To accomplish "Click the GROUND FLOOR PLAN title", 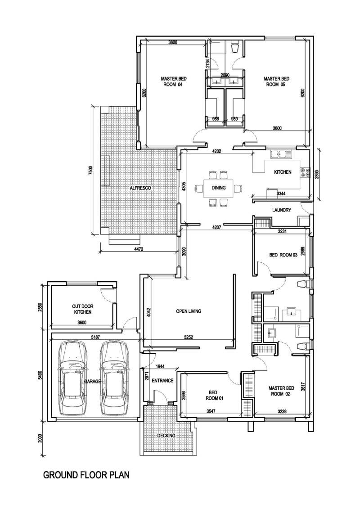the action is (x=86, y=475).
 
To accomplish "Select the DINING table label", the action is (x=218, y=188).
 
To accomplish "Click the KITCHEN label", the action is (x=283, y=172).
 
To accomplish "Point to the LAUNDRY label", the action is (x=281, y=210).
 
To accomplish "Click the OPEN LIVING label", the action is (x=189, y=311).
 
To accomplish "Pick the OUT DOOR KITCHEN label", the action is (x=83, y=309).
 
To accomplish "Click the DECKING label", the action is (x=166, y=435).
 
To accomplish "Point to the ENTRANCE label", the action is (x=162, y=380).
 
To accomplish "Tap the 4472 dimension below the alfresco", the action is (x=139, y=249).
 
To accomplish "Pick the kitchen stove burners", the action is (x=305, y=172).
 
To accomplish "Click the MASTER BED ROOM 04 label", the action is (x=174, y=81).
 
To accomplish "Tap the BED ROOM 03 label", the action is (x=283, y=255).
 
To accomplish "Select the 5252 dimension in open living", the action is (x=189, y=337).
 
